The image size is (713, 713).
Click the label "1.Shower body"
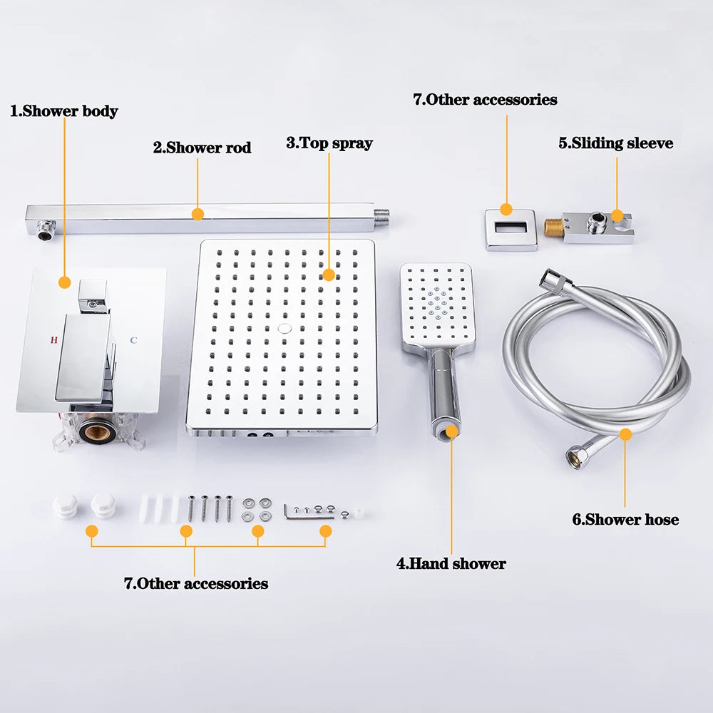(64, 111)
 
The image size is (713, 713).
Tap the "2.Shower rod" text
(202, 148)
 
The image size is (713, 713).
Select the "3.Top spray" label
(329, 143)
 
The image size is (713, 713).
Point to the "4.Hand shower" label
(451, 563)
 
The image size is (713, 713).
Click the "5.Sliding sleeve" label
(616, 143)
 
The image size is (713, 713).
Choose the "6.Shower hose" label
(625, 519)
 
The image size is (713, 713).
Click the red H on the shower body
(54, 340)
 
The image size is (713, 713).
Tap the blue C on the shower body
(133, 340)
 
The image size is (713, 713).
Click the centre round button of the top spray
(284, 329)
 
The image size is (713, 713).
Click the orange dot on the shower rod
(198, 214)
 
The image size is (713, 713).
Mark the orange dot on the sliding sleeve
(617, 215)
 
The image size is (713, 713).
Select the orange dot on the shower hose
(626, 435)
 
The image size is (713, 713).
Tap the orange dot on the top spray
(329, 275)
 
